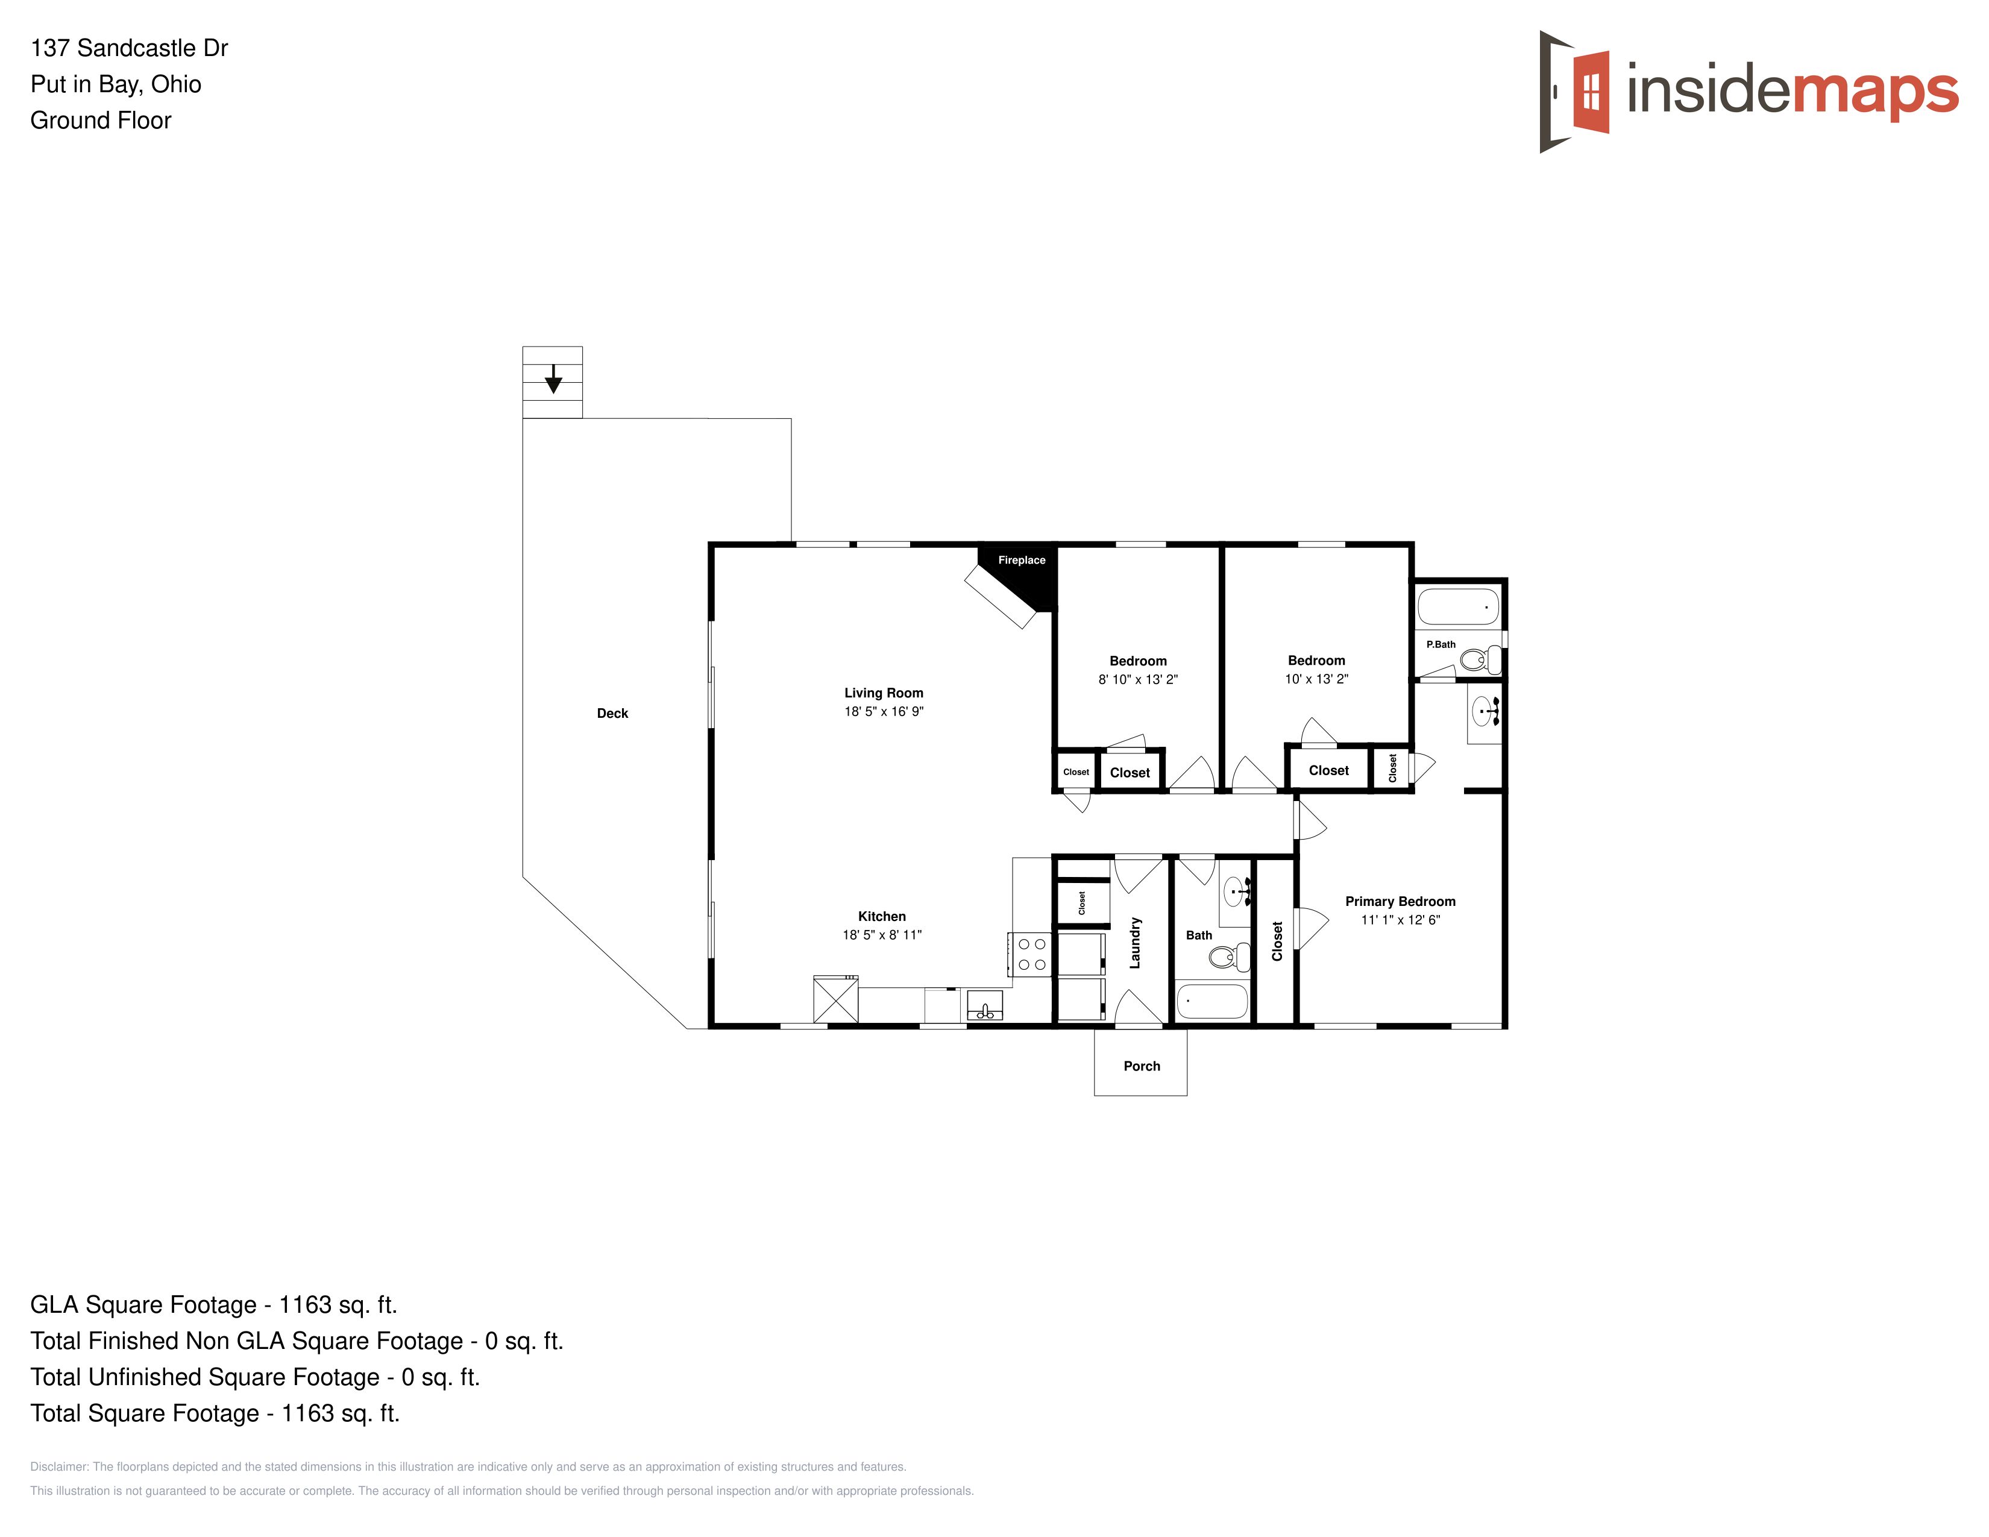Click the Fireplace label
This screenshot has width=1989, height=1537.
tap(1021, 560)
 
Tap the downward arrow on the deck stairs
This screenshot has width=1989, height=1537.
tap(553, 379)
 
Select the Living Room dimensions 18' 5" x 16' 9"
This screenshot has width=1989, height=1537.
tap(884, 711)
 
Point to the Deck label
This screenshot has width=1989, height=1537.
tap(612, 713)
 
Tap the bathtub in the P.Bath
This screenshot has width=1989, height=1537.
tap(1457, 606)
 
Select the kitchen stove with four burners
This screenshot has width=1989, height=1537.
tap(1030, 954)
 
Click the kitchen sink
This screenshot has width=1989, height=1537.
tap(984, 1005)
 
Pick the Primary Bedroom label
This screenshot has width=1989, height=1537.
tap(1400, 902)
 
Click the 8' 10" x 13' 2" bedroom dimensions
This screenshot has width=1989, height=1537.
tap(1137, 679)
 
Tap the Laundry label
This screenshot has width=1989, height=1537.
tap(1135, 943)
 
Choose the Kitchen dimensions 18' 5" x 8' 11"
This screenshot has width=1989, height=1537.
tap(882, 934)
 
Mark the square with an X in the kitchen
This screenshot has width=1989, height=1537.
tap(835, 999)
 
